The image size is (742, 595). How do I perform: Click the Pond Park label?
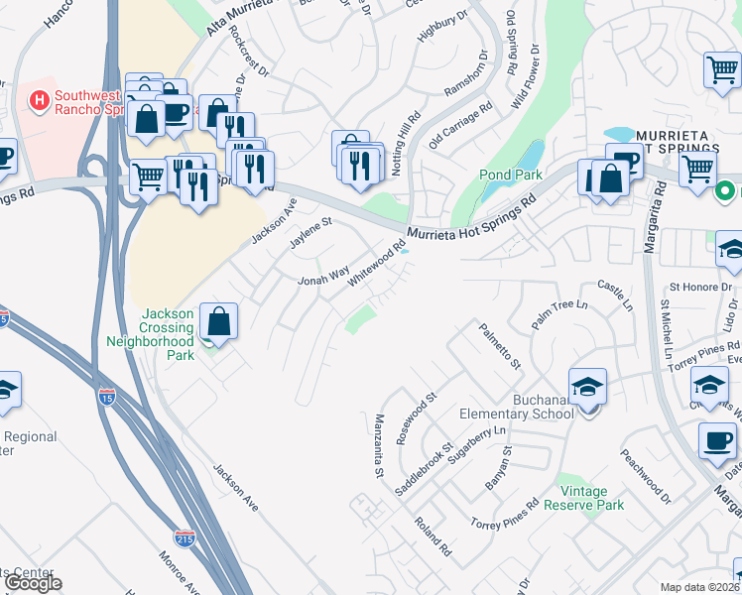[510, 175]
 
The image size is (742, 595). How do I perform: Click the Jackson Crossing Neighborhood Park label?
[151, 327]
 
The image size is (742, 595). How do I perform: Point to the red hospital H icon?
[40, 100]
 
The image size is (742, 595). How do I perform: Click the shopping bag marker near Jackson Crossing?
[218, 322]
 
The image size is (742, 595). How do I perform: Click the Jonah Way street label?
[324, 275]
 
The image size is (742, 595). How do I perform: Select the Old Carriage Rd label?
[461, 126]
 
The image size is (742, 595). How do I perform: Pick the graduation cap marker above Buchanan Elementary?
[587, 388]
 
